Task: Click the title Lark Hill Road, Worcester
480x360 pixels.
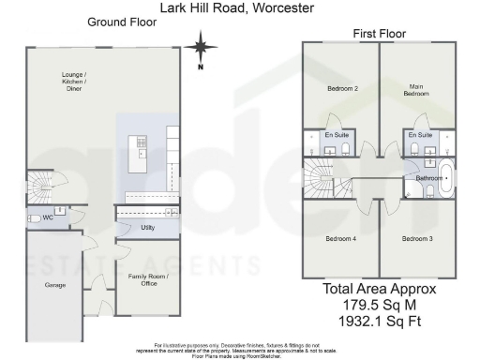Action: [x=239, y=7]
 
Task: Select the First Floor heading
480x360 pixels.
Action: [x=379, y=34]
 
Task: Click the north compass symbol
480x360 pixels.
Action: [x=200, y=46]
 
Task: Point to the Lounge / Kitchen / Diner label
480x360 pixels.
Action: [x=74, y=82]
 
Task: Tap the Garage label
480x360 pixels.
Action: [x=55, y=283]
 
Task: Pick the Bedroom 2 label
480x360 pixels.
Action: [x=341, y=89]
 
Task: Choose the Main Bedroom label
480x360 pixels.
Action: [x=416, y=91]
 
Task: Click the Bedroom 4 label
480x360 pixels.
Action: [x=340, y=239]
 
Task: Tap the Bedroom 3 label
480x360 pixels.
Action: [x=416, y=239]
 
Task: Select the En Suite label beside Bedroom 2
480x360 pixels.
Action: [x=336, y=136]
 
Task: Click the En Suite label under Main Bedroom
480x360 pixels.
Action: [x=420, y=136]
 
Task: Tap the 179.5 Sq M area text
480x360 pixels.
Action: [x=380, y=306]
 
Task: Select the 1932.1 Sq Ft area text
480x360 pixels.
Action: [x=380, y=322]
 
